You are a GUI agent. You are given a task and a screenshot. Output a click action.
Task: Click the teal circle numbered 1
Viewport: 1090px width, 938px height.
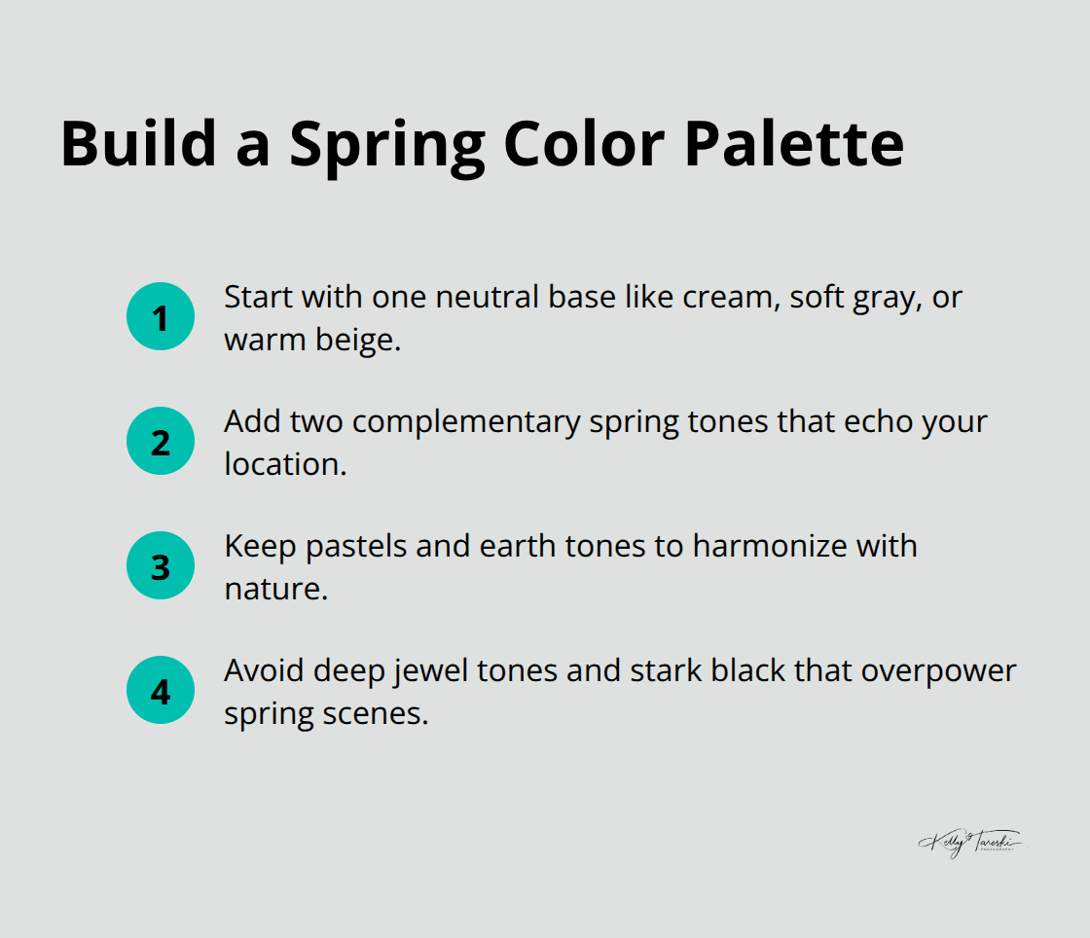click(x=161, y=316)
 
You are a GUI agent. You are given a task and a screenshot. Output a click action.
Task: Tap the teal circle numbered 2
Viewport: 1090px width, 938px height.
click(x=161, y=441)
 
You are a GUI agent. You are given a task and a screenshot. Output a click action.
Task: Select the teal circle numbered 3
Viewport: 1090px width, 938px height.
click(x=161, y=565)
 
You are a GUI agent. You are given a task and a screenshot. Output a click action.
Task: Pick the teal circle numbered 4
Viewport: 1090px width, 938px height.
click(x=161, y=690)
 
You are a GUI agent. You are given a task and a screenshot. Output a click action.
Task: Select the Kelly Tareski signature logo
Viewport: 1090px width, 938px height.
click(x=967, y=843)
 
